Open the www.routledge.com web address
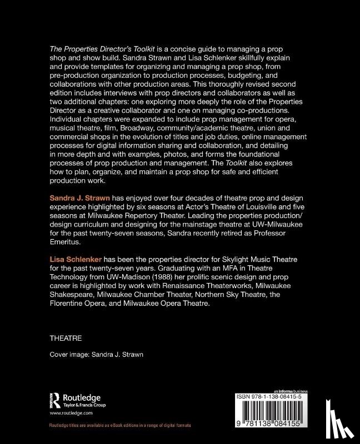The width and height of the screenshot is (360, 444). [x=71, y=414]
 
